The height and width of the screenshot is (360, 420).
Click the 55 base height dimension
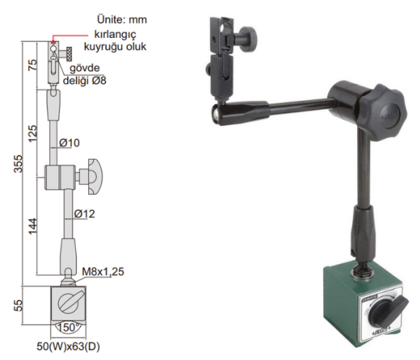point(19,305)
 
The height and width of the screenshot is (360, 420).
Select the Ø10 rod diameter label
point(69,143)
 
